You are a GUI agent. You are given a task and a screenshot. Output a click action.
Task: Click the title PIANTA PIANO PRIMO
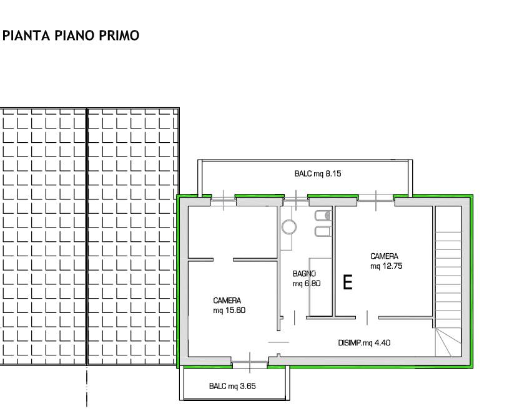coord(71,36)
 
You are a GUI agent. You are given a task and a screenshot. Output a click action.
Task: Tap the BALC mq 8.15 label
coord(318,173)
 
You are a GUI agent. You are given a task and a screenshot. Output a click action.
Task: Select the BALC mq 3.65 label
coord(232,386)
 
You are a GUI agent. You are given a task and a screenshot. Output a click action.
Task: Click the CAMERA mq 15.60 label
coord(229,305)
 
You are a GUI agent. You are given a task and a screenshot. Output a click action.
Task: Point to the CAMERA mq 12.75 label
coord(386,261)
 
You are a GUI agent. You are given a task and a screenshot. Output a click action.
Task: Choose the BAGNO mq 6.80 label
coord(307,279)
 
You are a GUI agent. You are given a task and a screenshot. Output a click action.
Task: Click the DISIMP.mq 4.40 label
coord(364,343)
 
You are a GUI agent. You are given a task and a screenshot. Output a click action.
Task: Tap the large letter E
coord(348,282)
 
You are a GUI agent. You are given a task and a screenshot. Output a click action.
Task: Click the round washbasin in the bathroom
coord(289,227)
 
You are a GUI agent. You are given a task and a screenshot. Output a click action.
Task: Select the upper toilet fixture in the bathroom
coord(323,216)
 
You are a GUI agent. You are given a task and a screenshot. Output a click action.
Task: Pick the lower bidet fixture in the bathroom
coord(323,231)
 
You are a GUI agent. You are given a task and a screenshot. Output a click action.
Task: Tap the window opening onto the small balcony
coord(250,363)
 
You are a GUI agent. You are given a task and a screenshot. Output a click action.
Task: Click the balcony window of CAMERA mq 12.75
coord(376,200)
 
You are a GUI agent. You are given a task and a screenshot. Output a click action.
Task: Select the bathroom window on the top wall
coord(296,200)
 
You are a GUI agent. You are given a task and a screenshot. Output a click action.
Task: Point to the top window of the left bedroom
coord(223,200)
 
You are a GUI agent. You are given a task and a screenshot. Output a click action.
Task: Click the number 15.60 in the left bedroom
coord(235,311)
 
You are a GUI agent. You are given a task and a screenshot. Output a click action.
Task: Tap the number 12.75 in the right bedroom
coord(392,266)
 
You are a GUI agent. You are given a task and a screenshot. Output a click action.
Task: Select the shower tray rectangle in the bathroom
coord(321,287)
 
